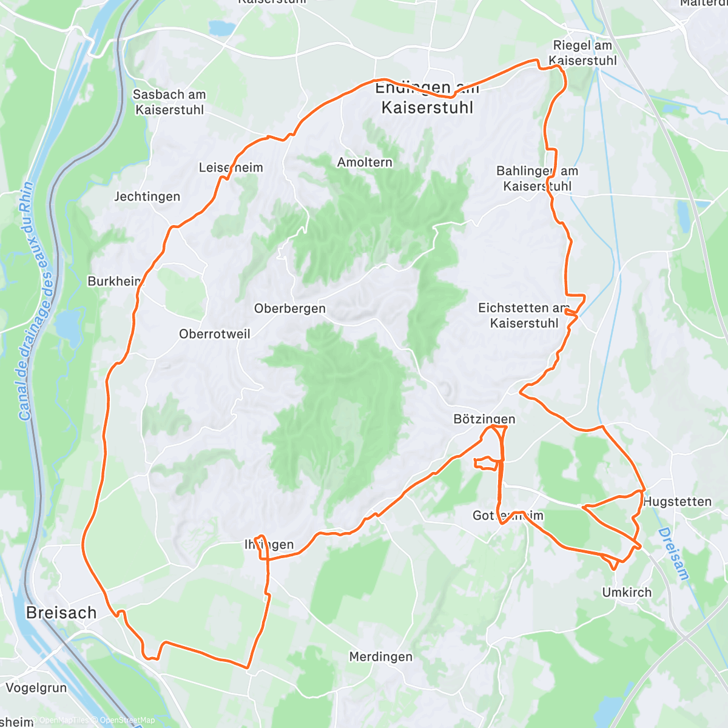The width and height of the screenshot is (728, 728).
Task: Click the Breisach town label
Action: click(61, 613)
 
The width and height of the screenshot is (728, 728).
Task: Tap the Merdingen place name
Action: click(380, 656)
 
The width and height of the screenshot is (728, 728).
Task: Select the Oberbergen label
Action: click(290, 308)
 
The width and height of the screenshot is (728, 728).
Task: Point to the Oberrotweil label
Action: click(214, 334)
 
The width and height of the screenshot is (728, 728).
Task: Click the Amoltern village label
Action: click(365, 162)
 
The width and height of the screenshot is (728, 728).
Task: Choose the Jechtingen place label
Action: click(147, 197)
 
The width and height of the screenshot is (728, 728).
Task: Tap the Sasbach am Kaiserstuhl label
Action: click(169, 102)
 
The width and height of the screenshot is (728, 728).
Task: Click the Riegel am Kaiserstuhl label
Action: click(582, 53)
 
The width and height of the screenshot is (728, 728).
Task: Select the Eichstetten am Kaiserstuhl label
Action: click(524, 315)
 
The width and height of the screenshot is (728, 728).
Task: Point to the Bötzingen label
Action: click(484, 419)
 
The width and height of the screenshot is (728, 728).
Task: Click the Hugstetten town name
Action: click(677, 502)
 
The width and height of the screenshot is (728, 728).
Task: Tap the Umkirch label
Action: click(627, 592)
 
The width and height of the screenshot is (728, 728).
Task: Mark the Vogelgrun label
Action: click(36, 688)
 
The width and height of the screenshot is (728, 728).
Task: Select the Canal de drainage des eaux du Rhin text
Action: click(35, 302)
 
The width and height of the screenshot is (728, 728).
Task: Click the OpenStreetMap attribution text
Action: click(127, 720)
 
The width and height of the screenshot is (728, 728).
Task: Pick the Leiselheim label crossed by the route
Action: click(231, 167)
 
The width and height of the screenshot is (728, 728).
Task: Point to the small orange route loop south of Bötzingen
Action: click(487, 463)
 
